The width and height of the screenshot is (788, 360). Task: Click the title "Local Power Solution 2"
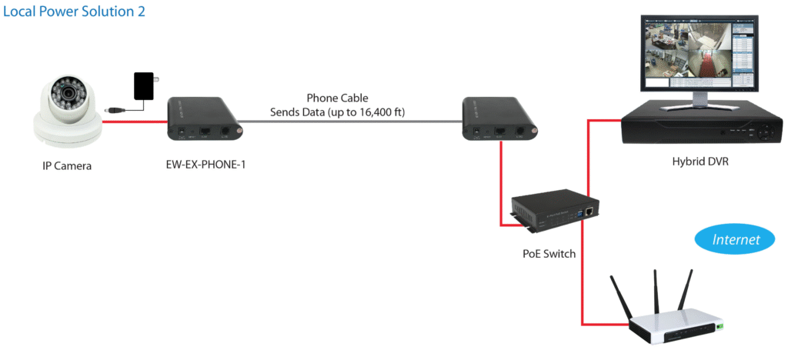(74, 12)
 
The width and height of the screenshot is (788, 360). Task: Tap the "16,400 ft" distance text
(382, 112)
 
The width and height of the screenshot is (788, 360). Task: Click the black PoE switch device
(554, 210)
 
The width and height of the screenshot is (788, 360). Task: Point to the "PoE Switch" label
(547, 254)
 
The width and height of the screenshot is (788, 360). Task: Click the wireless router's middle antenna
(656, 292)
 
